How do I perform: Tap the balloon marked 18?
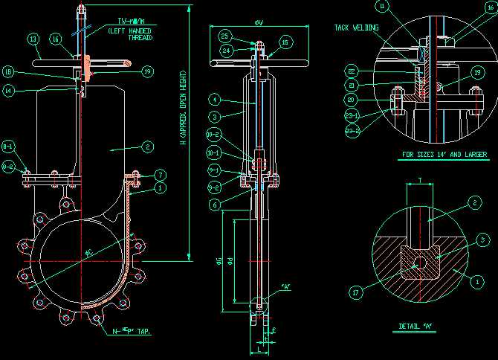[9, 72]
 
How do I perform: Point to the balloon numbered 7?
[161, 175]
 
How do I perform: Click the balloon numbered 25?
[224, 36]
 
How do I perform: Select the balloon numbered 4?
[213, 98]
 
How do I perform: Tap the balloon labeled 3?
[213, 117]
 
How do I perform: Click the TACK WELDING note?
[356, 28]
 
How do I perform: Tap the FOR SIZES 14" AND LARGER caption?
[444, 155]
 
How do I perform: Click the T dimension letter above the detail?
[420, 180]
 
